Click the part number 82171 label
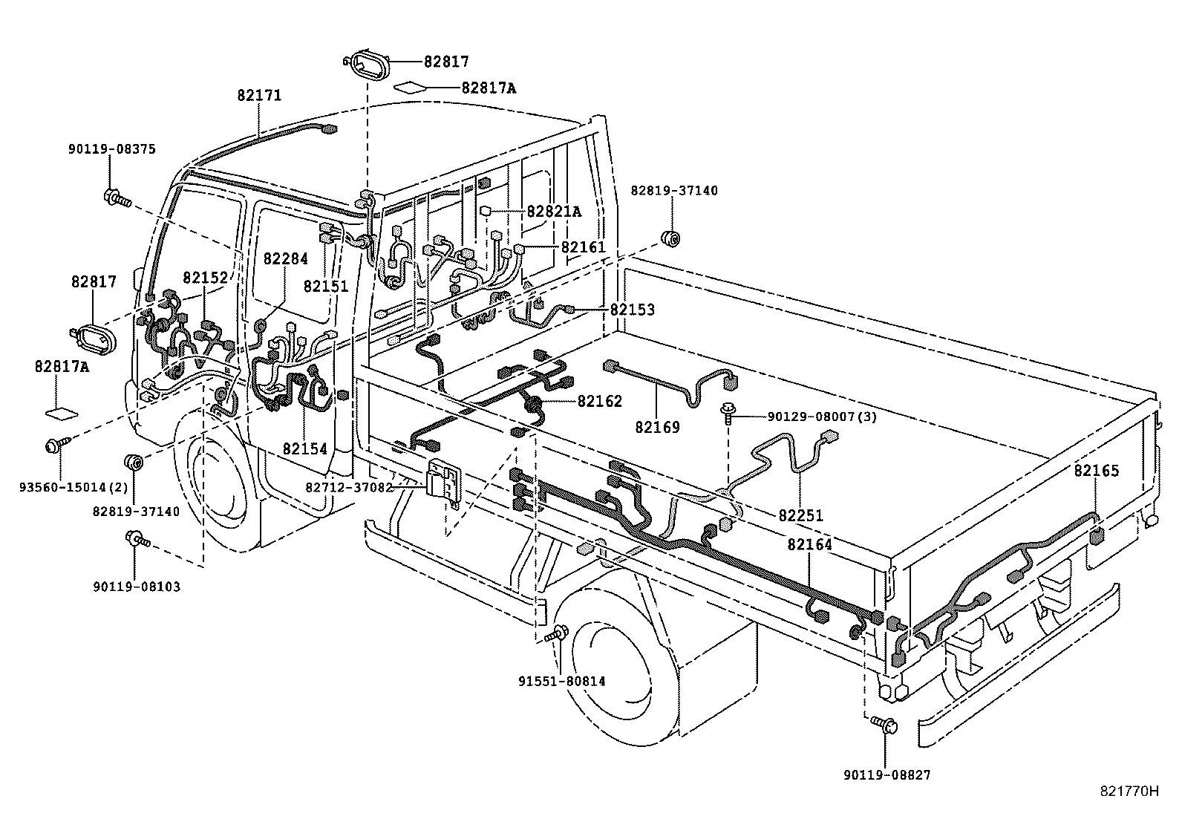260,96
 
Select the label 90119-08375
111,149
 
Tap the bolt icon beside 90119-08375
117,198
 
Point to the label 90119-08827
886,775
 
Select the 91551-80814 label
562,680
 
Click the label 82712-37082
349,487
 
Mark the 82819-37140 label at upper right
674,191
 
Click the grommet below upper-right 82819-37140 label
670,238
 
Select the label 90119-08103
137,587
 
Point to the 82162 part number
600,402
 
